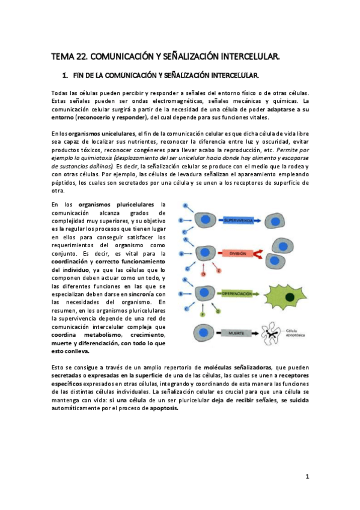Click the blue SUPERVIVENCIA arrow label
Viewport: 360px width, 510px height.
[x=240, y=221]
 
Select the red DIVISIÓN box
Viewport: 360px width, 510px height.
[x=238, y=254]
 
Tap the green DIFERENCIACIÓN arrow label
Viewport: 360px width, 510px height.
[x=243, y=293]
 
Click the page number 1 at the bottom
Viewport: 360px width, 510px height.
[x=307, y=476]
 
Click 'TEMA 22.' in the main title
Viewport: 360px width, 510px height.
[x=70, y=57]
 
